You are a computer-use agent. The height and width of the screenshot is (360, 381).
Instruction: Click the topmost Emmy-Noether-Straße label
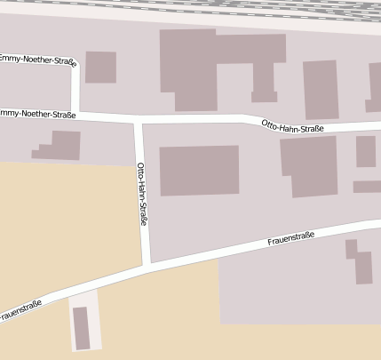[x=36, y=60]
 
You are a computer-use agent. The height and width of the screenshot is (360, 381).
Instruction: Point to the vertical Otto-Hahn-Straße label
[x=141, y=195]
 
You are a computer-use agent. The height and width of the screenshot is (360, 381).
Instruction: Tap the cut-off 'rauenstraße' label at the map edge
[x=21, y=310]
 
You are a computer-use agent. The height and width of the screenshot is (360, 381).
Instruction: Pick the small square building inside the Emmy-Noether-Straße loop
[x=100, y=68]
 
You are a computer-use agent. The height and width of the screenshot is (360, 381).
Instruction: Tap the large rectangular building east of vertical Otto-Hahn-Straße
[x=199, y=170]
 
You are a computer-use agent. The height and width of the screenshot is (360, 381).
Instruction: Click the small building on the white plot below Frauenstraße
[x=82, y=328]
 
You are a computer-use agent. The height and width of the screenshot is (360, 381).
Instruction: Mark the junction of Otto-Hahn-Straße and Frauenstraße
[x=147, y=265]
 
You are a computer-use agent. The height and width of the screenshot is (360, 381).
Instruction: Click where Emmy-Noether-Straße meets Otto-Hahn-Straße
[x=137, y=118]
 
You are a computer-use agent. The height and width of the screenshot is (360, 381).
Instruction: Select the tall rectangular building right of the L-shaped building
[x=321, y=90]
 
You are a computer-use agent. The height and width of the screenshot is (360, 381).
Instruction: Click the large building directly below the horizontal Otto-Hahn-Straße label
[x=308, y=167]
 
